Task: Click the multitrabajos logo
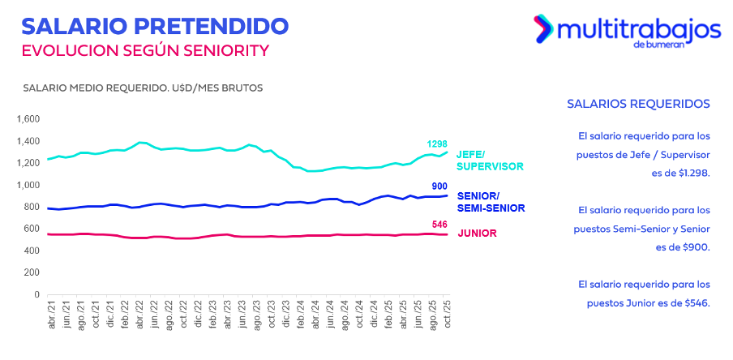click(x=626, y=32)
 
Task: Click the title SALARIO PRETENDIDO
click(x=155, y=25)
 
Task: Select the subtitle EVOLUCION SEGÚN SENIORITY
click(x=144, y=50)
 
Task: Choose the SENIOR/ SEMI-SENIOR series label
click(x=489, y=202)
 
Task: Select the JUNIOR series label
click(x=477, y=234)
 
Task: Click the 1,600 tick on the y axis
click(x=27, y=119)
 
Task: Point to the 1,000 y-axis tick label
click(x=27, y=185)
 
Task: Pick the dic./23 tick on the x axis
click(x=284, y=314)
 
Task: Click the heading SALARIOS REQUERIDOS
click(x=638, y=104)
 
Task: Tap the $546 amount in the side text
click(x=697, y=302)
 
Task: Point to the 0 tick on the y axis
click(x=36, y=294)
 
